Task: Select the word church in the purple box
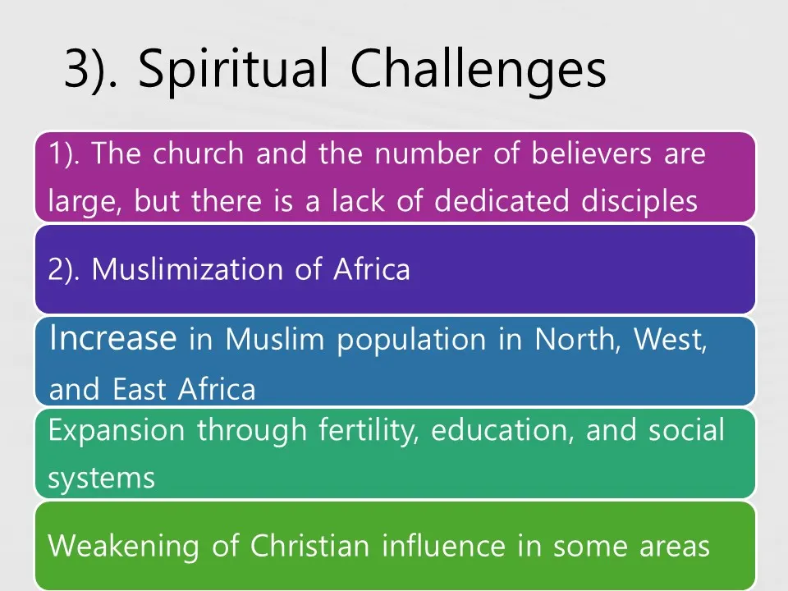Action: (199, 153)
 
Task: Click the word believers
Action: (592, 153)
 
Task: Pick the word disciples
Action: (639, 201)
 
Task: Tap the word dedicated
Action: (502, 201)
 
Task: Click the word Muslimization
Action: (187, 269)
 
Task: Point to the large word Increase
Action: (113, 337)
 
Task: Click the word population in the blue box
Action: (411, 340)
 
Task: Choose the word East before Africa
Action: (140, 389)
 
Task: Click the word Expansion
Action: (117, 431)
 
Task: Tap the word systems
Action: (102, 479)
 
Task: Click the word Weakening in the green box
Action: (124, 547)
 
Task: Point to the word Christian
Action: (310, 545)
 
